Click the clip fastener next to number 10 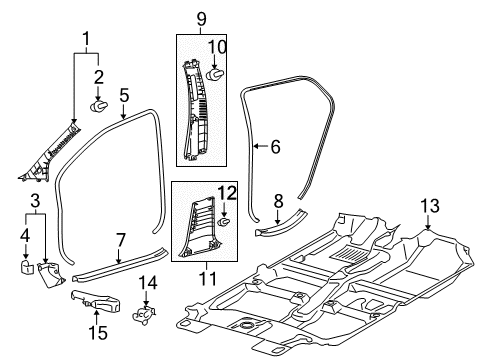[x=218, y=73]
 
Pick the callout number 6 [x=275, y=147]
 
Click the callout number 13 [x=430, y=234]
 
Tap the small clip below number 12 [x=225, y=238]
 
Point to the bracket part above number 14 [x=147, y=313]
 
